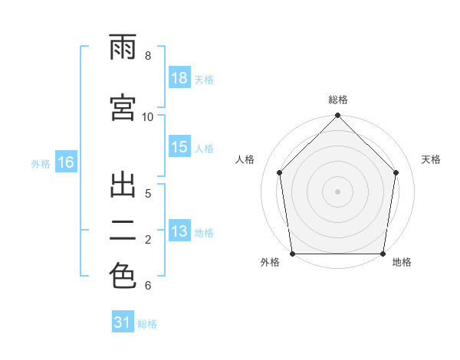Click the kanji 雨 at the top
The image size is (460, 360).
point(123,47)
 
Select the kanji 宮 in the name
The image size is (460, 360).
point(123,107)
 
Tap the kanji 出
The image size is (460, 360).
point(123,185)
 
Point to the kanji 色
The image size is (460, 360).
point(123,275)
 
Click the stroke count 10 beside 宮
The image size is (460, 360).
point(147,117)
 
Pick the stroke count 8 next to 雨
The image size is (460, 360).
point(148,56)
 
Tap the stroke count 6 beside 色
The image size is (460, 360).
point(148,286)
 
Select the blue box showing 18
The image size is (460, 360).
point(179,77)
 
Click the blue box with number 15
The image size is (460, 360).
point(179,146)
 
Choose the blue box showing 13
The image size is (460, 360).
point(179,230)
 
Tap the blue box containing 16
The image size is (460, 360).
point(66,162)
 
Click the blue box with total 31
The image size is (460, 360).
point(123,321)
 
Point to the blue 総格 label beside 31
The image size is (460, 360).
point(147,324)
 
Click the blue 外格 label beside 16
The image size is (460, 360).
point(41,164)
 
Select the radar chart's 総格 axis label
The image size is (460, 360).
point(338,100)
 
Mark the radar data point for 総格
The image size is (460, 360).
point(337,115)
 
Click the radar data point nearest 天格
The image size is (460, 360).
point(396,172)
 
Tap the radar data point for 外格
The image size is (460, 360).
point(293,254)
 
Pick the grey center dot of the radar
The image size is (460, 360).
point(337,191)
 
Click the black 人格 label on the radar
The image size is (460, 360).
point(245,159)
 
